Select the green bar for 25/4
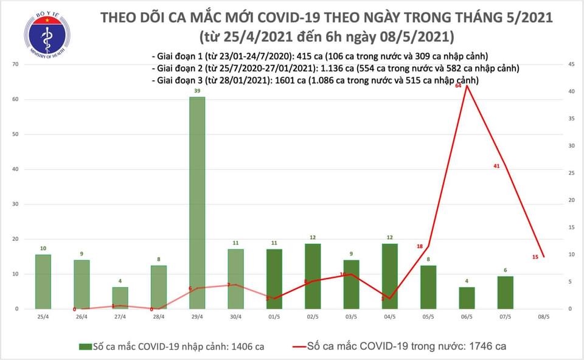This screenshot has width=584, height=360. [43, 282]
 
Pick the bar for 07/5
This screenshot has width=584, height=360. [505, 292]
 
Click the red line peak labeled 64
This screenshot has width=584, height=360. [467, 86]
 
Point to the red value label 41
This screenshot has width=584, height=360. [496, 166]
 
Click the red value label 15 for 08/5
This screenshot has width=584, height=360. [535, 257]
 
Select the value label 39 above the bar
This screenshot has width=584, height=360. [196, 91]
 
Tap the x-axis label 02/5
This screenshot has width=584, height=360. [312, 317]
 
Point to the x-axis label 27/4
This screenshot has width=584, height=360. [120, 317]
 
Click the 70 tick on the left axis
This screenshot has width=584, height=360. [16, 64]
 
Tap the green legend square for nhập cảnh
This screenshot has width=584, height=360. [84, 347]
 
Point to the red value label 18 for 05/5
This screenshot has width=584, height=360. [420, 246]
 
